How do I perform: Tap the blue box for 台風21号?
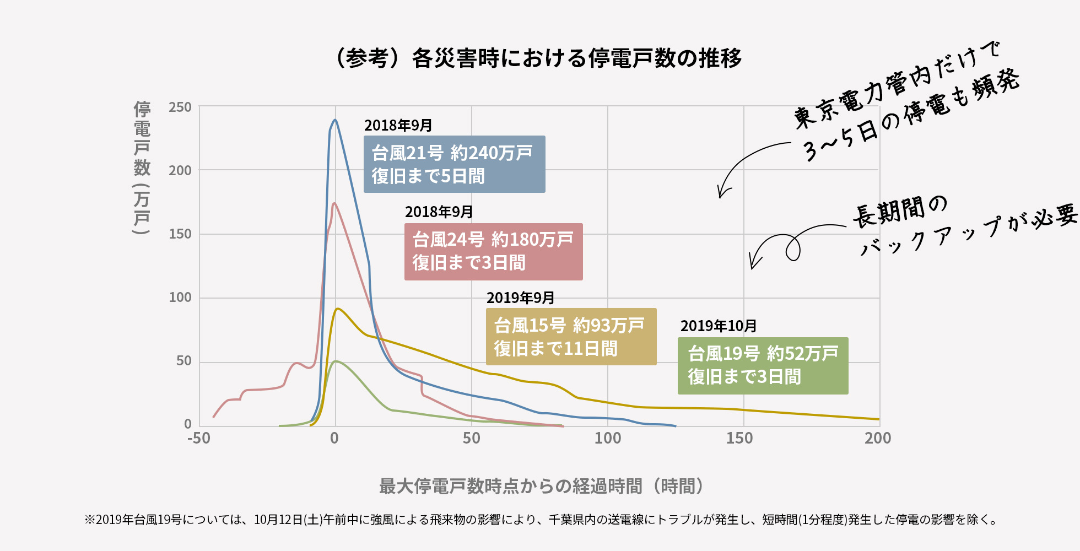(x=454, y=164)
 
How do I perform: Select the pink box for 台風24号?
(x=493, y=251)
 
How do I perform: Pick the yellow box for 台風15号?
(x=571, y=337)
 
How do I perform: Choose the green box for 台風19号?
(x=763, y=365)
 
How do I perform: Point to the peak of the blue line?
(x=335, y=120)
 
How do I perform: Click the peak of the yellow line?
(x=337, y=309)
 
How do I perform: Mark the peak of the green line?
(x=336, y=361)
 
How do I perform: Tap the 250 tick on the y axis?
(x=180, y=107)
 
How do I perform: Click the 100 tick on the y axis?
(x=180, y=298)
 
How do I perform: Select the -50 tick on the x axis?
(x=199, y=439)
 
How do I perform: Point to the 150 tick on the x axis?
(x=739, y=439)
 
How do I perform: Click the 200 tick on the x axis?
(x=878, y=439)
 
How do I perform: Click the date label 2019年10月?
(x=719, y=326)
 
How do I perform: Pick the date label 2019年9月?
(x=520, y=298)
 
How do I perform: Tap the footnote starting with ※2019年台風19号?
(x=540, y=520)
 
